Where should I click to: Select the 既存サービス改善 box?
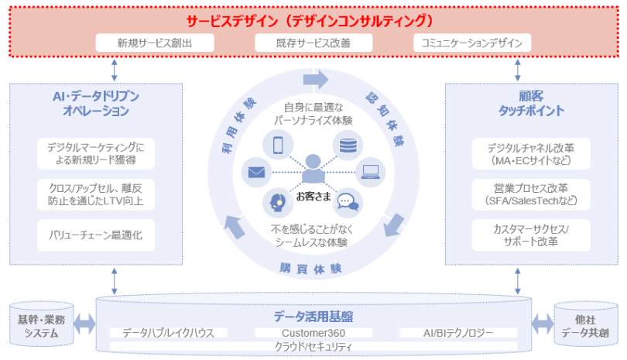tap(313, 43)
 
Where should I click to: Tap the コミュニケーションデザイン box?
tap(471, 43)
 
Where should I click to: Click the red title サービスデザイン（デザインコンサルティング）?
tap(313, 19)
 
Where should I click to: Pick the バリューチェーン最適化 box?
tap(95, 234)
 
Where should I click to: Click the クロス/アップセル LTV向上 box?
tap(95, 194)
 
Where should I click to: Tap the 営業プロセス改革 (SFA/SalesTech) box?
tap(530, 194)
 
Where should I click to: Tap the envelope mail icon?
tap(256, 173)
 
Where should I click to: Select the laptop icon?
tap(370, 172)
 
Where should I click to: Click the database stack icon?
tap(348, 144)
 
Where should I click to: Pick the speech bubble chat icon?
tap(348, 202)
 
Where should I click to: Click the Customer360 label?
tap(313, 333)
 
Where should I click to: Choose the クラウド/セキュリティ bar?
tap(313, 346)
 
